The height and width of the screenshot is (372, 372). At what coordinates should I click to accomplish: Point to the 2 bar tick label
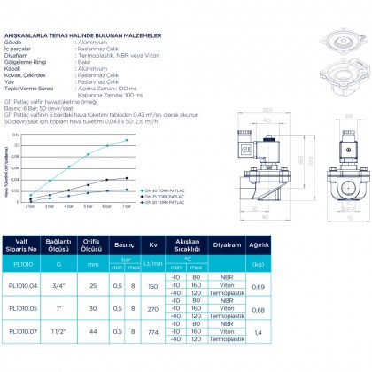tap(29, 205)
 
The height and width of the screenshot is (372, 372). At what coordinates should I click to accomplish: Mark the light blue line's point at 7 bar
tap(126, 140)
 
